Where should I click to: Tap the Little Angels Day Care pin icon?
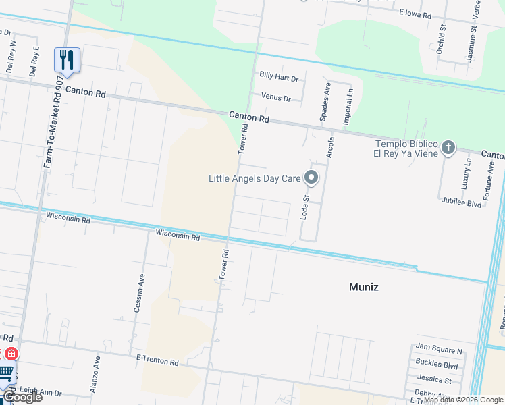[x=311, y=178]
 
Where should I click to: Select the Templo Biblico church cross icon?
[x=448, y=148]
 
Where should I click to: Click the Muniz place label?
[x=363, y=287]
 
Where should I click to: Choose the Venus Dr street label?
[x=275, y=98]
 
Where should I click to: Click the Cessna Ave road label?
[x=141, y=291]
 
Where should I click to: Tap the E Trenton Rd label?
[x=157, y=362]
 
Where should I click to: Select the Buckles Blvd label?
[x=437, y=366]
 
